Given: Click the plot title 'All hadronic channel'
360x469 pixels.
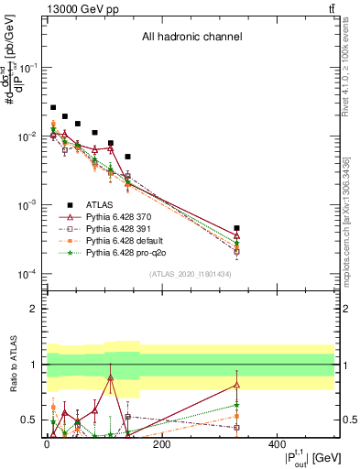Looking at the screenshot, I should click(191, 38).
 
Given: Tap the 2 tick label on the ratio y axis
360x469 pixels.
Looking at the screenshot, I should click(32, 309).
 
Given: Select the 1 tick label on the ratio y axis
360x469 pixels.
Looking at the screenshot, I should click(32, 365).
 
